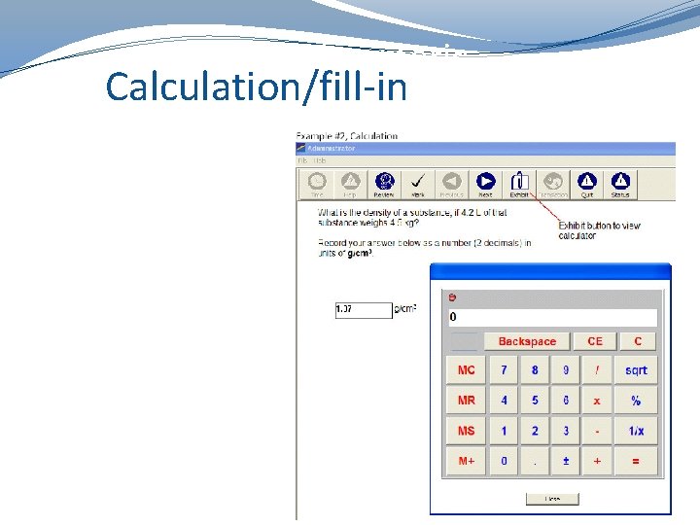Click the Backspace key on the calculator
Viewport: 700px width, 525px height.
(x=527, y=341)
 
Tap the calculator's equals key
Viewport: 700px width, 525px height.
(x=636, y=461)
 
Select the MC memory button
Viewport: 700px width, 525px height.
(x=467, y=370)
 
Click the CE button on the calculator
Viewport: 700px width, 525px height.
(x=595, y=341)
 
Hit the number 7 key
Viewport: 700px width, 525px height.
(x=504, y=370)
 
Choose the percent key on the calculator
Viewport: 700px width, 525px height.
(x=636, y=401)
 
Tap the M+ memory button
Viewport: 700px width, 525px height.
(x=467, y=461)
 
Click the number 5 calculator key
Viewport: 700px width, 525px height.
(x=535, y=401)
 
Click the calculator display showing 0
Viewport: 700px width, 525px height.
(x=551, y=317)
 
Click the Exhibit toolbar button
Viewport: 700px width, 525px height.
(x=519, y=184)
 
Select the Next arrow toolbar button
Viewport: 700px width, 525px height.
(x=485, y=184)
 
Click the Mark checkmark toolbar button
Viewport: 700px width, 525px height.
(x=417, y=184)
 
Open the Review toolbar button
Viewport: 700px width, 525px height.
(x=384, y=184)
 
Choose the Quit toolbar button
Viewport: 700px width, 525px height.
(x=587, y=184)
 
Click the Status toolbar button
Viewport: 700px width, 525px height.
(x=620, y=184)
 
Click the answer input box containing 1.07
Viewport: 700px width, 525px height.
(x=363, y=310)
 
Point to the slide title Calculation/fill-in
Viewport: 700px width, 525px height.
(x=256, y=86)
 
